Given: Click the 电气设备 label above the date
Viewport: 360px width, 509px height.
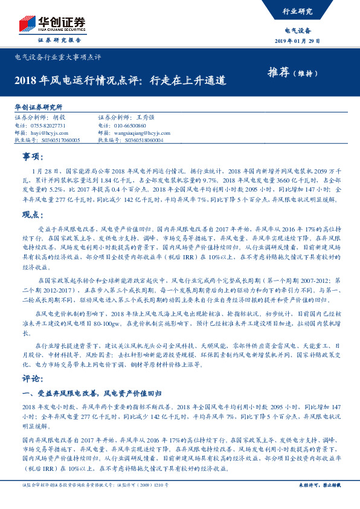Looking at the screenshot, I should [298, 30].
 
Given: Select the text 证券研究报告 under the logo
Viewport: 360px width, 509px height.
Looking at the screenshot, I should [59, 40].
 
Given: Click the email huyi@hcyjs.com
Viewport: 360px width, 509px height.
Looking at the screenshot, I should [49, 132].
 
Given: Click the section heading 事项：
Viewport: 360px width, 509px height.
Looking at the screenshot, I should [34, 157].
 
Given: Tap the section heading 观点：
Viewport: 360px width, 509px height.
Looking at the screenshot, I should [34, 215].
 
